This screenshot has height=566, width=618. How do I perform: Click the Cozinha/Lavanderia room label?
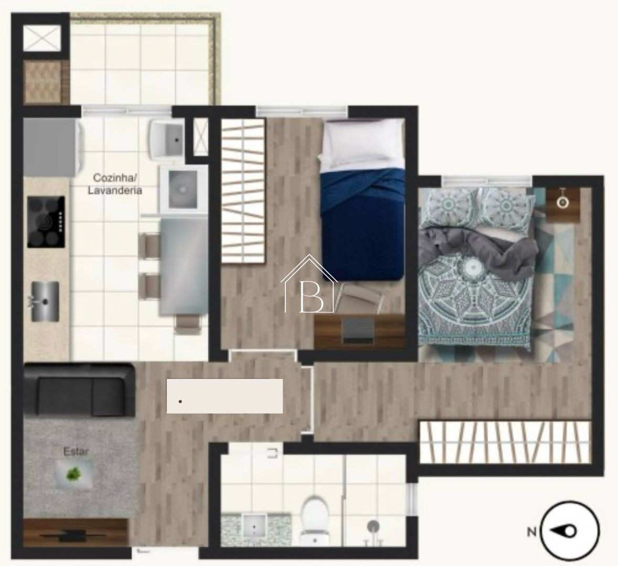pyautogui.click(x=115, y=184)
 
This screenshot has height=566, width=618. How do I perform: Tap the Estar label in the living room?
pyautogui.click(x=76, y=451)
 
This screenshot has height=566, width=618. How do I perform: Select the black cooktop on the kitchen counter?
pyautogui.click(x=46, y=222)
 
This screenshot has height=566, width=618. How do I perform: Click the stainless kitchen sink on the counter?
pyautogui.click(x=45, y=301)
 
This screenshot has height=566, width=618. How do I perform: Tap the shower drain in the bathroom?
pyautogui.click(x=373, y=526)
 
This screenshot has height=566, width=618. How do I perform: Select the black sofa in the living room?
pyautogui.click(x=79, y=390)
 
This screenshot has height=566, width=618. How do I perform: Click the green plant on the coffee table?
pyautogui.click(x=73, y=474)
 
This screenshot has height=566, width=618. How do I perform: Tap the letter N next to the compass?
pyautogui.click(x=531, y=532)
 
